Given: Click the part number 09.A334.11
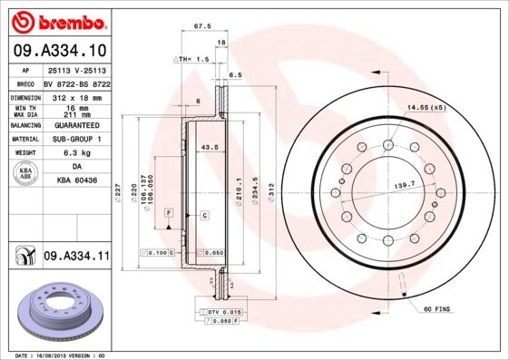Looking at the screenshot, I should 75,257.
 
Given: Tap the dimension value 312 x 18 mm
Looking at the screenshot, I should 75,96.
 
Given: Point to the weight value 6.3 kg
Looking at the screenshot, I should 75,153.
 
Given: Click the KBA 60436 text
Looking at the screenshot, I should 75,181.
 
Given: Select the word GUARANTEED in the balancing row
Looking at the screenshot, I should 75,125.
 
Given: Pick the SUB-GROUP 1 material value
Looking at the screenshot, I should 75,140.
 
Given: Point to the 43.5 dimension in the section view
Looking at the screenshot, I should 210,146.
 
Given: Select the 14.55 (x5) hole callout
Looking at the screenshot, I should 426,108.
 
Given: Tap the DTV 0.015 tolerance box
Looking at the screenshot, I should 220,311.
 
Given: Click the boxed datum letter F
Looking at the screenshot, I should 168,211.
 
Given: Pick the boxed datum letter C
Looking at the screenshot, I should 204,215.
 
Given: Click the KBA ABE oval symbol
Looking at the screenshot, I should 26,174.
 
